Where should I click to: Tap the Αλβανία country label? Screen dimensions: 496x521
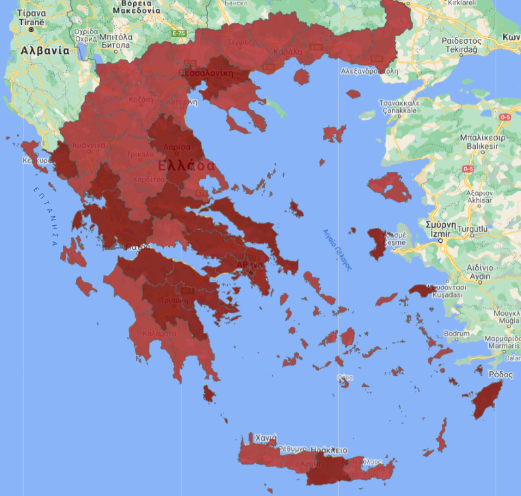click(x=45, y=50)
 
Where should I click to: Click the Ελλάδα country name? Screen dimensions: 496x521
click(x=186, y=166)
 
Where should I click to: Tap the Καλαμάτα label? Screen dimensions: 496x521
click(x=160, y=334)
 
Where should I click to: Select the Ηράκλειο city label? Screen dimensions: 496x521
click(x=329, y=450)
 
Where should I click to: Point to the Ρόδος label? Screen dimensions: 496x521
click(x=501, y=375)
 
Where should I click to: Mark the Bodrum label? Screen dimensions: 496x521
click(x=457, y=334)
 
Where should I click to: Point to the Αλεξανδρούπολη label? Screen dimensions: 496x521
click(x=369, y=70)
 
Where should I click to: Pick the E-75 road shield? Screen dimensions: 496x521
click(x=179, y=33)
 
